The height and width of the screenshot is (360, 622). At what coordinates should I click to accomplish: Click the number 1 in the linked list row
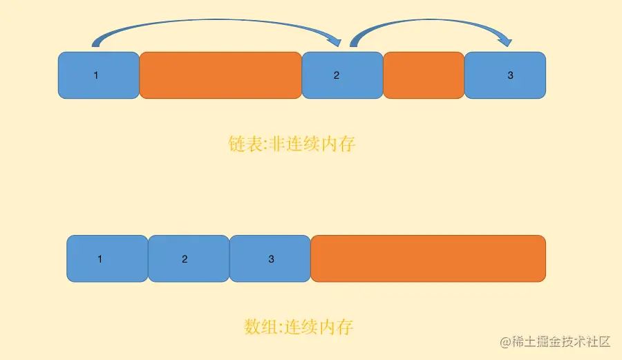(x=96, y=75)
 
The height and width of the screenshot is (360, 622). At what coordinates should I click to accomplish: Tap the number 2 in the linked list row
(x=337, y=75)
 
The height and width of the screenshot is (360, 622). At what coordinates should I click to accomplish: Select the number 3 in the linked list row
(x=511, y=75)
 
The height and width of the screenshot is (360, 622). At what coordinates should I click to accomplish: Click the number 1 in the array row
(x=100, y=259)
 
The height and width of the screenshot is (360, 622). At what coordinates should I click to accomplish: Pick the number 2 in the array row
(x=185, y=259)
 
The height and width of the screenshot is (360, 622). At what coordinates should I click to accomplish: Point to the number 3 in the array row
(x=271, y=259)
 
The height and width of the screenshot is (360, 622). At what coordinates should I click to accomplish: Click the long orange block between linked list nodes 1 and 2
(x=220, y=75)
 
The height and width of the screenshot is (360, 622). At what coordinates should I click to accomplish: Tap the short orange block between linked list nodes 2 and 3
(x=423, y=75)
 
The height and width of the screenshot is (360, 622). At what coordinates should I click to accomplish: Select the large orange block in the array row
(x=428, y=258)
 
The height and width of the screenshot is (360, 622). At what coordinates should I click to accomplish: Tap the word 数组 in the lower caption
(x=257, y=326)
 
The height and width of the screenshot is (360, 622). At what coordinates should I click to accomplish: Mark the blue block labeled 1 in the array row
(x=107, y=258)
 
